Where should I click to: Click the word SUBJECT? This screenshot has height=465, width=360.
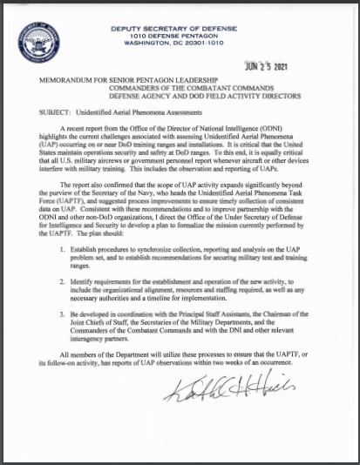[x=45, y=113]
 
